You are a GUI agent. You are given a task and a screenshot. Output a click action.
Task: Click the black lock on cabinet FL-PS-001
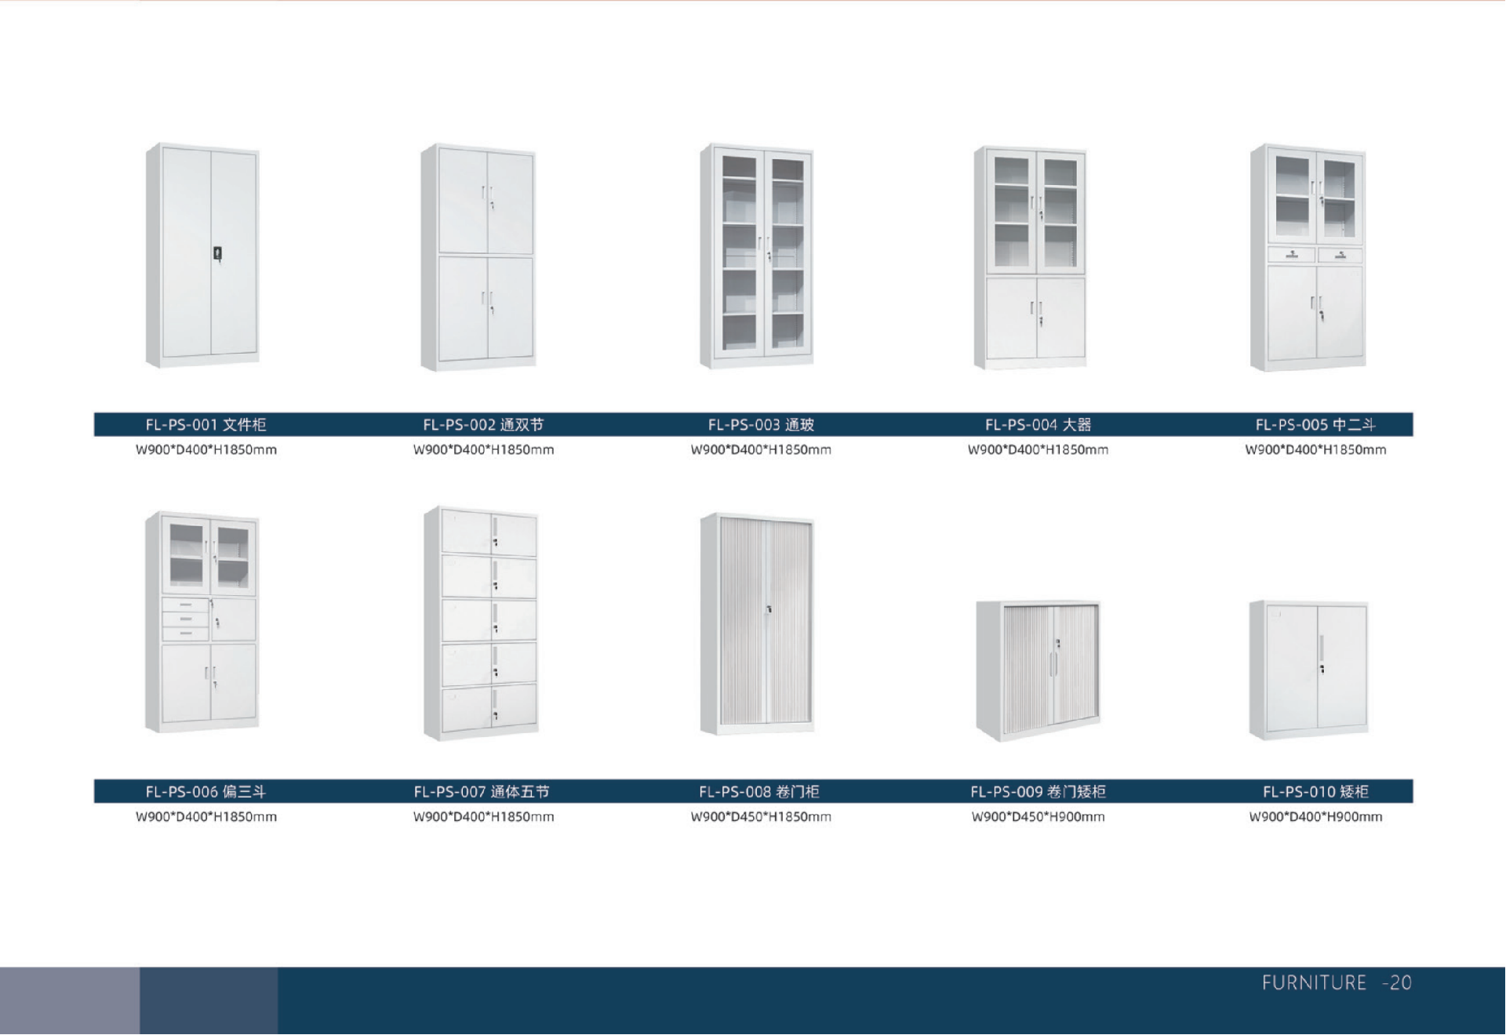217,253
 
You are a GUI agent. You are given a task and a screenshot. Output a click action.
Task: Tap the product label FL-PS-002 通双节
483,425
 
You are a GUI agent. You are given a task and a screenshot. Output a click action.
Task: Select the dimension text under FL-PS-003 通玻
761,450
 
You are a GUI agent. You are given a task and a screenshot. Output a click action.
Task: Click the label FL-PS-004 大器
1038,425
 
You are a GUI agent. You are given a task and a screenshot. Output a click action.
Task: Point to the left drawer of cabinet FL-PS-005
1291,255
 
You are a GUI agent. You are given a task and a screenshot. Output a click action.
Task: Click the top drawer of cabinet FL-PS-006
185,605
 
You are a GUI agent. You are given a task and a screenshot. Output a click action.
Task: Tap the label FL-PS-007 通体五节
482,792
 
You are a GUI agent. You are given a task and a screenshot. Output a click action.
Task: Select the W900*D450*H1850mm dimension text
761,817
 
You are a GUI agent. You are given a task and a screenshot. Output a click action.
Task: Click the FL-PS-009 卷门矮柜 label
1038,792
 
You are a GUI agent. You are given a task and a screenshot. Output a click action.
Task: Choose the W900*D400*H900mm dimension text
1315,817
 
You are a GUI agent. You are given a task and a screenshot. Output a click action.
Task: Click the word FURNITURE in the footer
1314,983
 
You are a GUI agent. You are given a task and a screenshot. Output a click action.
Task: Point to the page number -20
1397,983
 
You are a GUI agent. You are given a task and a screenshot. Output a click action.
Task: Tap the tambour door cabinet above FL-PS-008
758,623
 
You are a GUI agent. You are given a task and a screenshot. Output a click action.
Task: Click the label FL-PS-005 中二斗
1315,425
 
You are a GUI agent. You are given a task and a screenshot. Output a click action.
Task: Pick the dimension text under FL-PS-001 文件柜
206,450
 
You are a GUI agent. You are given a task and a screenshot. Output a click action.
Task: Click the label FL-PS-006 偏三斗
206,792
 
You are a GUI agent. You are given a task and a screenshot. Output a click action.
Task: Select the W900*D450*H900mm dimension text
1038,817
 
